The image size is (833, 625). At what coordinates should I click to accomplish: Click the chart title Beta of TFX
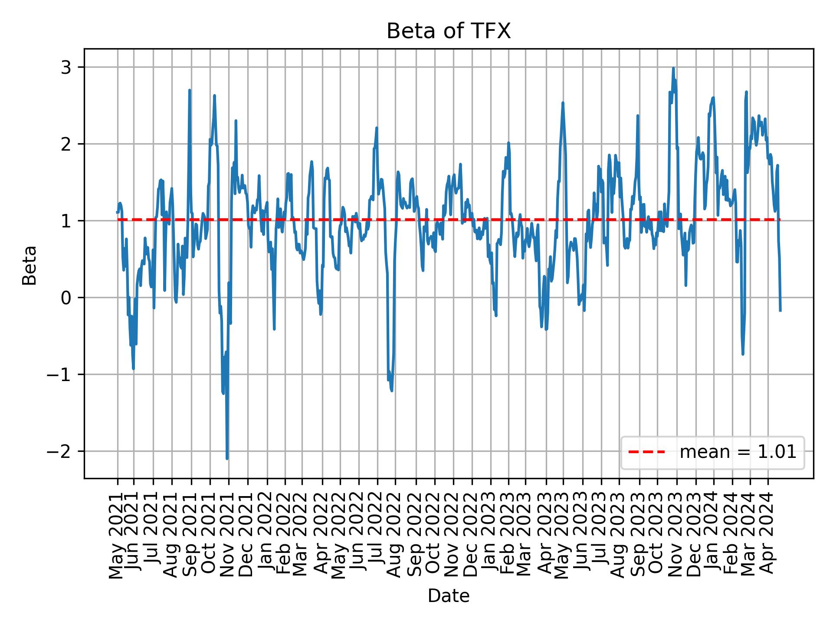(449, 31)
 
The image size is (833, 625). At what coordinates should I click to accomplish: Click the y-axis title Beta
(30, 265)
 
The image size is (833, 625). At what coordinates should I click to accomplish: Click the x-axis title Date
(449, 596)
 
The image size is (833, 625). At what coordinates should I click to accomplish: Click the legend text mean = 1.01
(738, 452)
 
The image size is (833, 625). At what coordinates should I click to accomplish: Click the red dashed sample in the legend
(646, 452)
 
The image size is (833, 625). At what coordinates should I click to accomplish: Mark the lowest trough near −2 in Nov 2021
(227, 458)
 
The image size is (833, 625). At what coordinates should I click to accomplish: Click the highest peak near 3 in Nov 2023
(673, 68)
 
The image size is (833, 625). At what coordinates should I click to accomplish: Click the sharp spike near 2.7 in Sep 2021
(190, 90)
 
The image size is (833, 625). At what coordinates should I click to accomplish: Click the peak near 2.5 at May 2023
(563, 103)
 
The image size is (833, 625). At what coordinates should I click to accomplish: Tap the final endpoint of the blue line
(781, 311)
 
